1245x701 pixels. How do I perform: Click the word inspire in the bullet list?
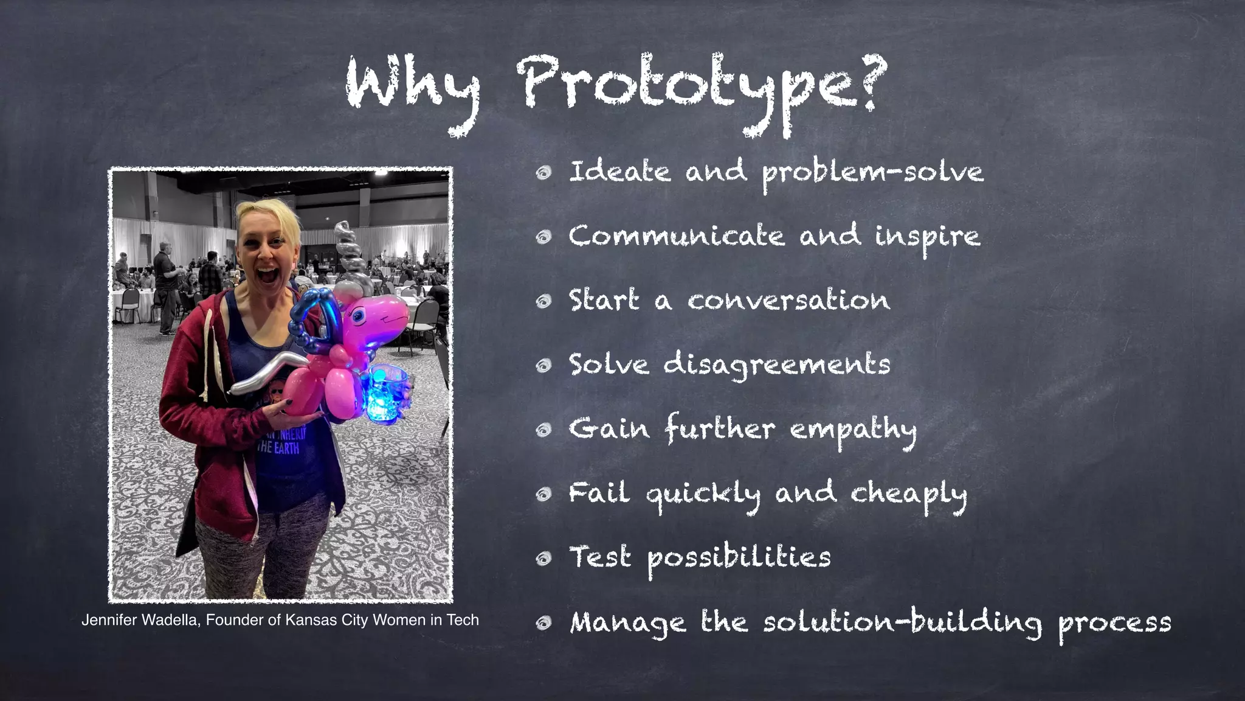[927, 237]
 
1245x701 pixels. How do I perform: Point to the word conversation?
[788, 301]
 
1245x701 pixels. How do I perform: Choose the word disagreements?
[776, 366]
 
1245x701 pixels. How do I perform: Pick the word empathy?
[853, 430]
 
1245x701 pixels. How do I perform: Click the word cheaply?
[908, 495]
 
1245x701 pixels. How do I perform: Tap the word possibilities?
[739, 559]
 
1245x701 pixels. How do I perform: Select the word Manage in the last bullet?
[628, 623]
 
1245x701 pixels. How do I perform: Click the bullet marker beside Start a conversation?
[543, 301]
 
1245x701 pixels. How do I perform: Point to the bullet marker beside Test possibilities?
[543, 559]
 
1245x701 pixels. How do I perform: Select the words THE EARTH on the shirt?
[278, 448]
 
